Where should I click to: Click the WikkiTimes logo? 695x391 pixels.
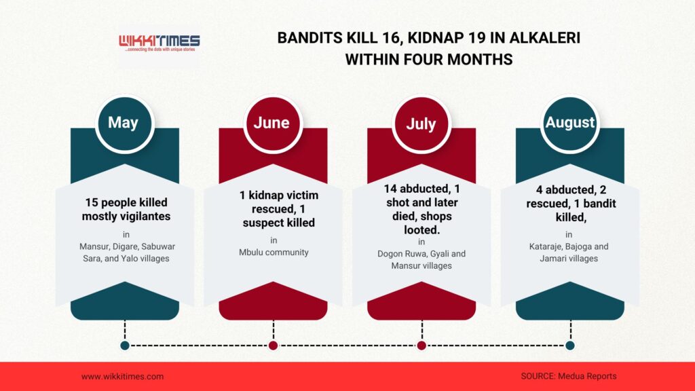(159, 43)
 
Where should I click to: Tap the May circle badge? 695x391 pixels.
(125, 124)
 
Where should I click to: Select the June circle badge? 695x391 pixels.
(273, 124)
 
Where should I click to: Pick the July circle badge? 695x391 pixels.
(421, 124)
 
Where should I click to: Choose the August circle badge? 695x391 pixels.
(570, 124)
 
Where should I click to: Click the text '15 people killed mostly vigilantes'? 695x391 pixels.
(126, 209)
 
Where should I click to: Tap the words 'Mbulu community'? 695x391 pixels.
(274, 253)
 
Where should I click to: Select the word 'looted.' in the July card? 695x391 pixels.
(421, 230)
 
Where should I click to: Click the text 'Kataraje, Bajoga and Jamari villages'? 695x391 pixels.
(569, 253)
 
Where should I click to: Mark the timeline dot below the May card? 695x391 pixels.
(125, 346)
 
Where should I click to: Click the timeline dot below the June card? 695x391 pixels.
(274, 346)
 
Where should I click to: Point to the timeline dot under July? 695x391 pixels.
(422, 346)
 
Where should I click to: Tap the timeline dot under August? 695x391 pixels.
(570, 346)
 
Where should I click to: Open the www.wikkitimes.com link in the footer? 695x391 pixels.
(122, 377)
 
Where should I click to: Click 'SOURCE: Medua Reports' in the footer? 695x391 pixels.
(569, 376)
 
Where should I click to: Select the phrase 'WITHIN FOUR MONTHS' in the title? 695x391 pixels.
(429, 60)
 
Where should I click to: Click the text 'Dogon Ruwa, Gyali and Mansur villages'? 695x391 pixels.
(421, 260)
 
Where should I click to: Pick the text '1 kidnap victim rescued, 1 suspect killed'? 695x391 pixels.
(279, 209)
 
